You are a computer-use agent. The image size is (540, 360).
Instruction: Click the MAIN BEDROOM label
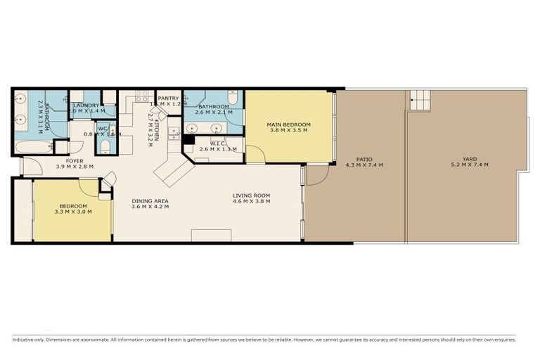point(288,124)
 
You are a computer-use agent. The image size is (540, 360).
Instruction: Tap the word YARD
point(470,159)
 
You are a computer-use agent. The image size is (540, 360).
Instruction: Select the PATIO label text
point(364,159)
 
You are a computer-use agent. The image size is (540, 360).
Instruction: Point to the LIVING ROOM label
point(252,195)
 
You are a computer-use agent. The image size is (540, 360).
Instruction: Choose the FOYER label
point(75,161)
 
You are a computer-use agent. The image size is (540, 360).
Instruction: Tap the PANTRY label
point(169,98)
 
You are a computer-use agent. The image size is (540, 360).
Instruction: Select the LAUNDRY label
point(86,105)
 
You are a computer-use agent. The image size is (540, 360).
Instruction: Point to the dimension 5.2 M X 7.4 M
point(470,165)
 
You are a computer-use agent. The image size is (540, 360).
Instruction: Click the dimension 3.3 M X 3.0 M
point(74,212)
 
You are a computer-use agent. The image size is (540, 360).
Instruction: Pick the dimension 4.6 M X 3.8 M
point(252,202)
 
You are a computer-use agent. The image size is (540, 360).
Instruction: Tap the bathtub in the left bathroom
point(34,147)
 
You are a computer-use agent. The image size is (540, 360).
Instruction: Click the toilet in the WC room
point(105,146)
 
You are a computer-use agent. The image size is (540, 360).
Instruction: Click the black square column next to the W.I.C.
point(188,140)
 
